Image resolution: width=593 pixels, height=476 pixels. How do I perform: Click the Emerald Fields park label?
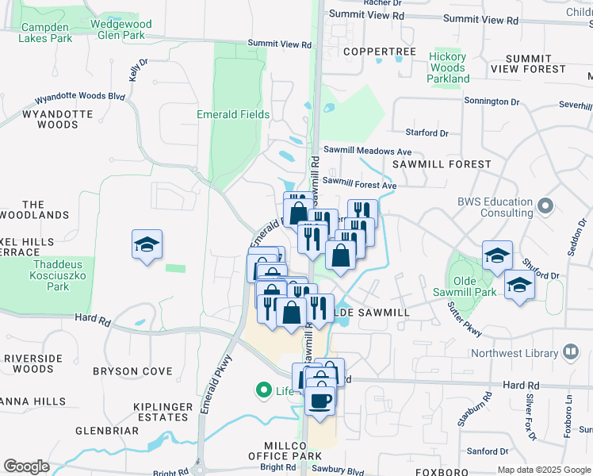[233, 114]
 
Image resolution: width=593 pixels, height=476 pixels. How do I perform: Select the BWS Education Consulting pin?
[545, 207]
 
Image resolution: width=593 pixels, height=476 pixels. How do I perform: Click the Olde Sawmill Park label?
[474, 286]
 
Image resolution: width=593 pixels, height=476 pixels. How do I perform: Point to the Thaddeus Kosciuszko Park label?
[63, 274]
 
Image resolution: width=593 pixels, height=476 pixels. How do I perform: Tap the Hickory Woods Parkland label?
[448, 67]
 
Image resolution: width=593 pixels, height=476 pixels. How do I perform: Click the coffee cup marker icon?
[319, 401]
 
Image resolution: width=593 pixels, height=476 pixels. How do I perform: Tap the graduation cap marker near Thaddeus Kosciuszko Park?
[147, 244]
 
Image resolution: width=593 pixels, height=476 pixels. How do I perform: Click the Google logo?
[26, 466]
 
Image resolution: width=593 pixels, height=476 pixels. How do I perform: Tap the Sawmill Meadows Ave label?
[367, 151]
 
